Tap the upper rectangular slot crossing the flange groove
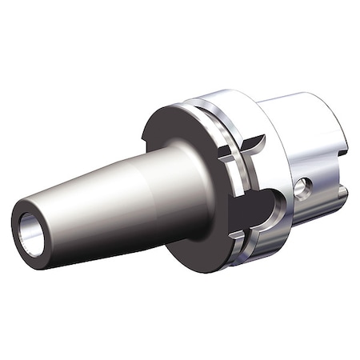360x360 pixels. coord(232,152)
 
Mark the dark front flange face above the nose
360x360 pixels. coord(172,128)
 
